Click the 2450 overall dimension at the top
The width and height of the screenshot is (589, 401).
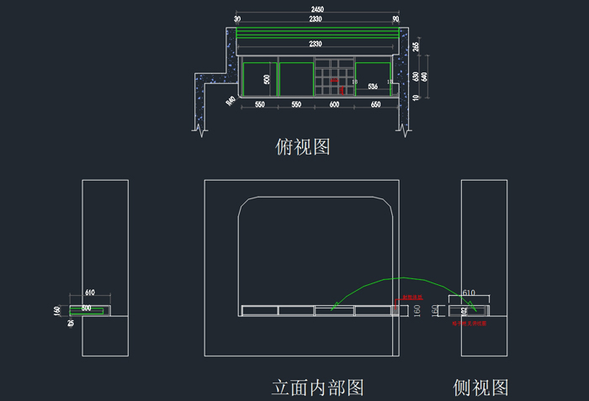(x=317, y=9)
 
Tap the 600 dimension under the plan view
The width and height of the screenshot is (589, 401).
(x=334, y=104)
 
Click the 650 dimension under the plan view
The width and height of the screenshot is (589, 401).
(x=375, y=104)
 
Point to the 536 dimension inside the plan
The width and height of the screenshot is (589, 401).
(x=373, y=87)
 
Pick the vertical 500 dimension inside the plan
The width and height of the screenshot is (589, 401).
(x=267, y=79)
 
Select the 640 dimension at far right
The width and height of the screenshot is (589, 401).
(x=424, y=77)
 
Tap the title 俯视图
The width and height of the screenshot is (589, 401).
(x=303, y=146)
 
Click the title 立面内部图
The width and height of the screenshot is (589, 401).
(x=318, y=388)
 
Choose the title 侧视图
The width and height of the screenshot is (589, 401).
(x=481, y=388)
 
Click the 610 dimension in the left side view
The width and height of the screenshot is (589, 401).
(x=90, y=293)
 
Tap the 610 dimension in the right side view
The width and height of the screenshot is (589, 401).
(x=469, y=293)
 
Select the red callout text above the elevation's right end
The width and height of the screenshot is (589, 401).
(x=411, y=297)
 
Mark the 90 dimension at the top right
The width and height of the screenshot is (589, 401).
(x=395, y=18)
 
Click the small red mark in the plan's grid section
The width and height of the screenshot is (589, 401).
(x=335, y=82)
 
